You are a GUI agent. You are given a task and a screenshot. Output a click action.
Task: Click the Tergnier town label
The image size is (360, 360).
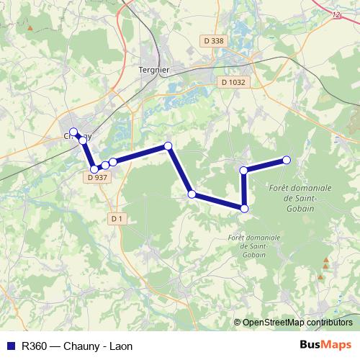[153, 70]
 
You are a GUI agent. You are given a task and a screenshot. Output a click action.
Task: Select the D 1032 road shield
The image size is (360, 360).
[233, 82]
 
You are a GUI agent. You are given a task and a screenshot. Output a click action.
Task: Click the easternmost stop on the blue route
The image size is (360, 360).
[287, 160]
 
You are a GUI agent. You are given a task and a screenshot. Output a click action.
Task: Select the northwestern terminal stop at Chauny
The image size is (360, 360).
[73, 132]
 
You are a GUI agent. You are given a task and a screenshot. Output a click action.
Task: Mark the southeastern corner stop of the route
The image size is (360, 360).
[244, 209]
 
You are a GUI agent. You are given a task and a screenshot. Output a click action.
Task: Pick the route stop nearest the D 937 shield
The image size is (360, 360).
[94, 169]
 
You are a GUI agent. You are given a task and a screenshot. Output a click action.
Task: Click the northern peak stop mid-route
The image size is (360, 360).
[168, 146]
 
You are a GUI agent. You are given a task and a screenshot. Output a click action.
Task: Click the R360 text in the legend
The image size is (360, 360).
[35, 346]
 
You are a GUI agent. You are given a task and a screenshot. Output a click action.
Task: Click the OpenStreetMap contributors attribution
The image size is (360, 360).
[297, 323]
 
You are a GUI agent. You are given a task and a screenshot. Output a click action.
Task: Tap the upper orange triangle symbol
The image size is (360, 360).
[326, 260]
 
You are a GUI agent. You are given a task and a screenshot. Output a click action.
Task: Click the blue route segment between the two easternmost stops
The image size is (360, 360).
[265, 165]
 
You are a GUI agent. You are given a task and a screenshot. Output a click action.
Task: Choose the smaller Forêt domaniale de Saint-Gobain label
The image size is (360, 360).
[246, 245]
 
